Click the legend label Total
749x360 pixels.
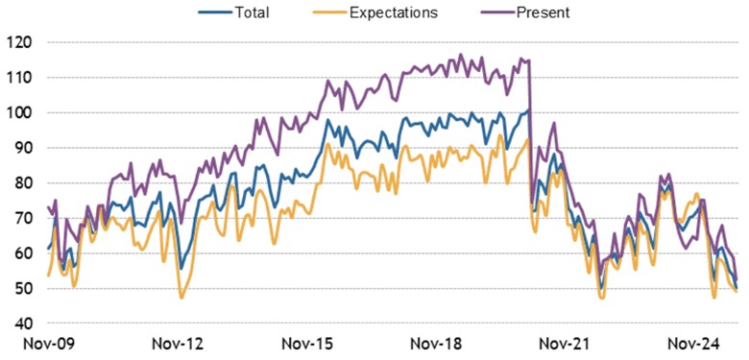tap(251, 12)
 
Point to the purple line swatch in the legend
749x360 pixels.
tap(498, 12)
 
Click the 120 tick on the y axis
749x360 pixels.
tap(20, 42)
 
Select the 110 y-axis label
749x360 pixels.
tap(20, 78)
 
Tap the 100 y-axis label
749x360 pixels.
tap(20, 112)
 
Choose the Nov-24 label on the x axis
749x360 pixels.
tap(695, 343)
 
